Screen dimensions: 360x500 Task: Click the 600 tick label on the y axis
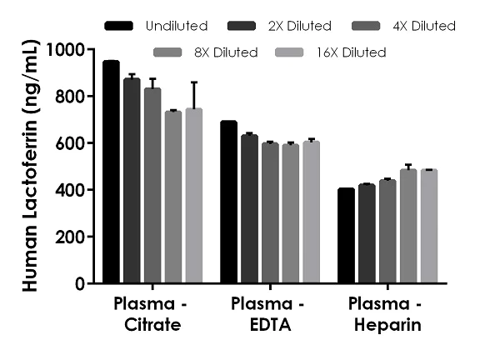click(x=69, y=143)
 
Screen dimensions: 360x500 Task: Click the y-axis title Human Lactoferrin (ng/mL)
click(x=30, y=167)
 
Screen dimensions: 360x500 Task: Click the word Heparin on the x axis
click(x=385, y=325)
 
